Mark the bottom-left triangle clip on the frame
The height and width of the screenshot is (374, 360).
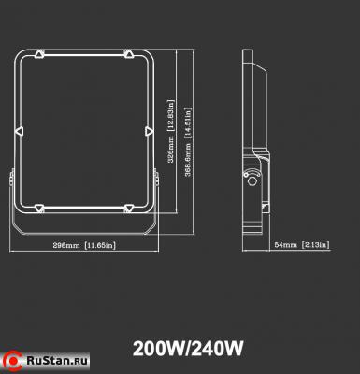[39, 206]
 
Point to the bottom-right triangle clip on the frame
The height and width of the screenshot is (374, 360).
[127, 206]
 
